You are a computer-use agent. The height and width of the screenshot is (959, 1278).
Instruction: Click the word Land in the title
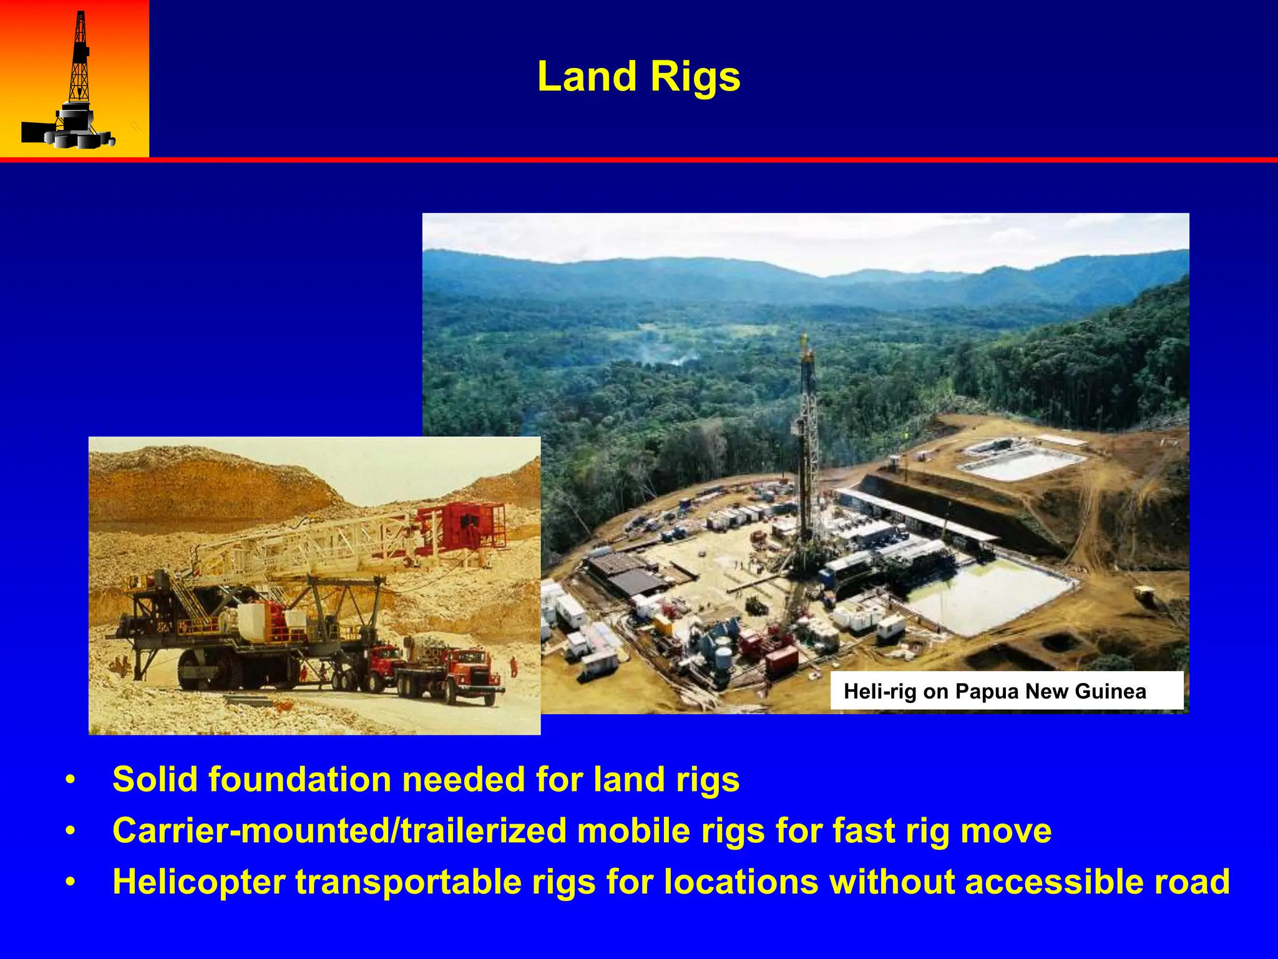[587, 77]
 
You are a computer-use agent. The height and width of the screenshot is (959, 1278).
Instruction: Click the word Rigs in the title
[695, 77]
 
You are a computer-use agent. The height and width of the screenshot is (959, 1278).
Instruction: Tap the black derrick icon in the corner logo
[78, 81]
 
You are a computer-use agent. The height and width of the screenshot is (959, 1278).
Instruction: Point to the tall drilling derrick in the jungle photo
[807, 450]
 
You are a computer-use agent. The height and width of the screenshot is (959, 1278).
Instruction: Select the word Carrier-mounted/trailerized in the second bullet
[339, 831]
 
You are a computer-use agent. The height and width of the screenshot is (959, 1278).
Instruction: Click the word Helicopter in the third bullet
[198, 882]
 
